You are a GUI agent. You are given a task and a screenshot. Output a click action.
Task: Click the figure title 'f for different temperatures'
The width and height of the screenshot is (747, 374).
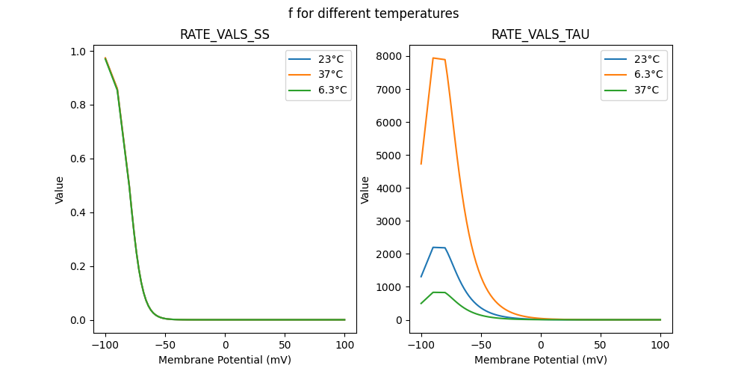point(373,13)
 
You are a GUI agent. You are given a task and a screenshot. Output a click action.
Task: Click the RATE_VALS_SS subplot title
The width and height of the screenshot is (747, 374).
point(225,34)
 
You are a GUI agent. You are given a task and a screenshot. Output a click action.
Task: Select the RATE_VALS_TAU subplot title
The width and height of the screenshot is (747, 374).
point(541,34)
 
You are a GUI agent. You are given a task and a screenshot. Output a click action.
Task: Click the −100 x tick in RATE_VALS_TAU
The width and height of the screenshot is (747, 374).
point(421,345)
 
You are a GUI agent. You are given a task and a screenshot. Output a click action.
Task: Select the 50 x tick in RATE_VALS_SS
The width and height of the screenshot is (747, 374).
point(285,345)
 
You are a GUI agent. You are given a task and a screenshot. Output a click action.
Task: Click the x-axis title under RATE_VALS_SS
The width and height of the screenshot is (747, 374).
point(225,360)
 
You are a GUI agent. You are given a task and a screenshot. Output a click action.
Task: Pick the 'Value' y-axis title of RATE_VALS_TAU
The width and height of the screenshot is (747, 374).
point(365,189)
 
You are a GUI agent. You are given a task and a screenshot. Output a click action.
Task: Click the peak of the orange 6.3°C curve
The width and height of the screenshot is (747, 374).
point(433,58)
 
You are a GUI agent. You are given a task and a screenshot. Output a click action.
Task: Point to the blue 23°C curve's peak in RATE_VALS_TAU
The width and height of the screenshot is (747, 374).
point(433,248)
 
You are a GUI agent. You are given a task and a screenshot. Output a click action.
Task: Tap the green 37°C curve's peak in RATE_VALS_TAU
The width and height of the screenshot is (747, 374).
point(433,292)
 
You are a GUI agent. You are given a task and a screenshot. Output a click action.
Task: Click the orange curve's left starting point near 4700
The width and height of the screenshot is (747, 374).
point(421,164)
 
